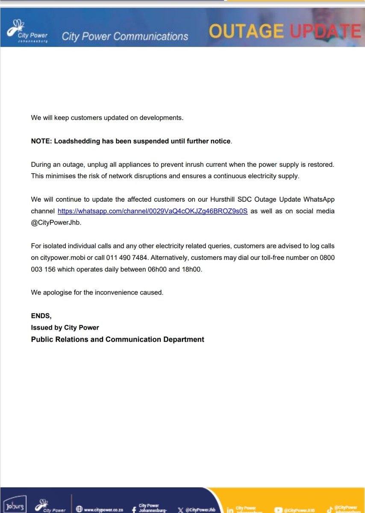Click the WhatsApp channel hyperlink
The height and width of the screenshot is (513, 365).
click(x=153, y=211)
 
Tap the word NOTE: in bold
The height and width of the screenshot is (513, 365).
click(x=41, y=141)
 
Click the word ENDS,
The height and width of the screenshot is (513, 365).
click(x=41, y=316)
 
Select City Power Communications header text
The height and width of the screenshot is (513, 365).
click(x=125, y=36)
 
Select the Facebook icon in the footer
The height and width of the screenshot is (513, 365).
click(x=134, y=509)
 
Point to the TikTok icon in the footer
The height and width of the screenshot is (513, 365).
click(x=330, y=508)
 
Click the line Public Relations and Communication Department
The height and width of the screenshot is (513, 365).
click(x=118, y=339)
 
